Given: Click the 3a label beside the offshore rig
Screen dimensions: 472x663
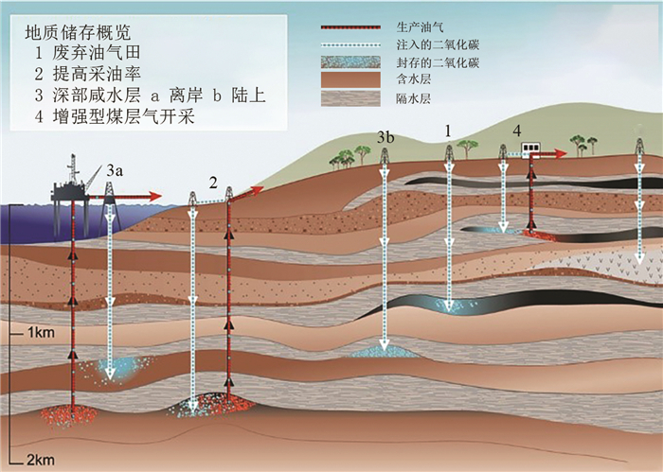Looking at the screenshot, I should click(115, 170).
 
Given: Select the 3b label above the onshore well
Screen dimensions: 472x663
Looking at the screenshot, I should click(385, 138).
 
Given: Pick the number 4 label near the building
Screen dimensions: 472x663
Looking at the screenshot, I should click(516, 130).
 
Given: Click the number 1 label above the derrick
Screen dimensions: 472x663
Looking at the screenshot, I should click(448, 127).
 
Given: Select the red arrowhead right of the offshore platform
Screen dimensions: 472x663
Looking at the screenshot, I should click(155, 197).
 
